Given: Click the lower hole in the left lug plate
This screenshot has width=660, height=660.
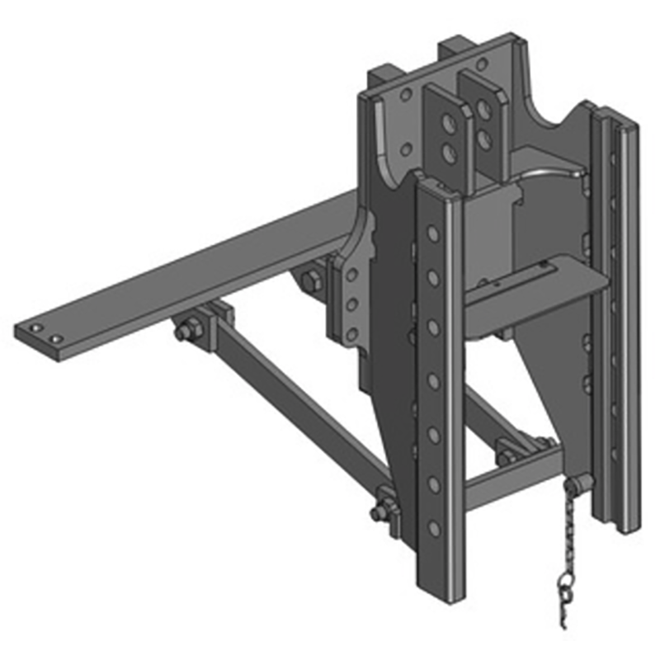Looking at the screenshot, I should coord(450,152).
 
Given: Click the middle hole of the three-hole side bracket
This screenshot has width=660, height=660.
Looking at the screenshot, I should coord(350,305).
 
